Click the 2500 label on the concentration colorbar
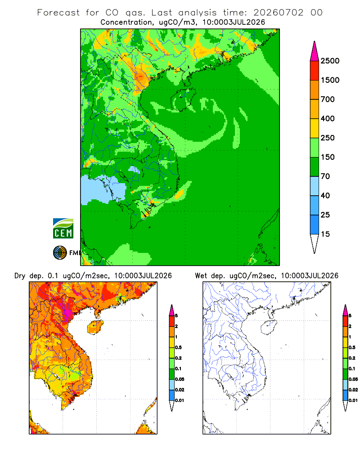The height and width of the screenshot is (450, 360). click(x=330, y=61)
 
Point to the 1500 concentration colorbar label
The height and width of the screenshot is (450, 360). click(x=330, y=80)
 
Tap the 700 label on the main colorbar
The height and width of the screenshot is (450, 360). click(x=328, y=99)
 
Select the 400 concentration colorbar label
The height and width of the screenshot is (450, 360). click(x=328, y=118)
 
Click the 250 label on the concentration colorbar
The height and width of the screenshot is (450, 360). click(x=328, y=138)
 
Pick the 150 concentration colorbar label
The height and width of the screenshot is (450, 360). click(x=328, y=157)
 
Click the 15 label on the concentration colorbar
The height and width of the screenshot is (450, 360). click(x=325, y=234)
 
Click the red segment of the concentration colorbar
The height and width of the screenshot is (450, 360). click(x=315, y=71)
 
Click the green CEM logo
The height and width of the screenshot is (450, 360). click(x=63, y=229)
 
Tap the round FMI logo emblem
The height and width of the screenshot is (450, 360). click(x=60, y=253)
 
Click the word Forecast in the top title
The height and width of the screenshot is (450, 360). click(x=58, y=13)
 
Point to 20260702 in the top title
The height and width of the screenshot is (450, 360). click(x=278, y=13)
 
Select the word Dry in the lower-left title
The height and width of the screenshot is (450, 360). click(x=20, y=276)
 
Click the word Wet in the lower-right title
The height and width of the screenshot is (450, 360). click(x=201, y=276)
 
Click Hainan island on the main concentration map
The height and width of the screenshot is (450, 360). click(x=183, y=99)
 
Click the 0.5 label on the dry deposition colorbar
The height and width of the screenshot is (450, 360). click(x=178, y=347)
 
